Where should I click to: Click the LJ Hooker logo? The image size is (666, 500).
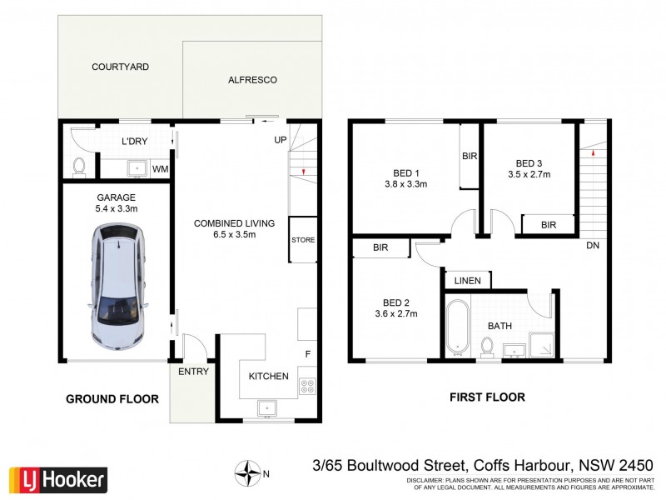58,479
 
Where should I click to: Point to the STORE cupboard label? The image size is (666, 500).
303,241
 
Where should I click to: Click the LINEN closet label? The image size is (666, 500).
468,281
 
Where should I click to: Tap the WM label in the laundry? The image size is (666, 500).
160,169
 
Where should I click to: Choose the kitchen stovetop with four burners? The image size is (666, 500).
307,386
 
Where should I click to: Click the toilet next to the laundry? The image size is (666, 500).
80,167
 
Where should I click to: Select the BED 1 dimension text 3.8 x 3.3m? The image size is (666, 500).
405,184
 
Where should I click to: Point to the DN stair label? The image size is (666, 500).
593,246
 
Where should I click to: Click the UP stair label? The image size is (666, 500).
281,139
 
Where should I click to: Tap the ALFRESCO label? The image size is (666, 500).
251,80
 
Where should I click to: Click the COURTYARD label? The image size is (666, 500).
121,67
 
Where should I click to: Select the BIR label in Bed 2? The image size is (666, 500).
381,247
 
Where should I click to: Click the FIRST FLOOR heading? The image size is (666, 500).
487,397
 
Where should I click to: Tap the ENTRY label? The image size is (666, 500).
194,372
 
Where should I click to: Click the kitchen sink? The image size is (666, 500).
268,407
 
